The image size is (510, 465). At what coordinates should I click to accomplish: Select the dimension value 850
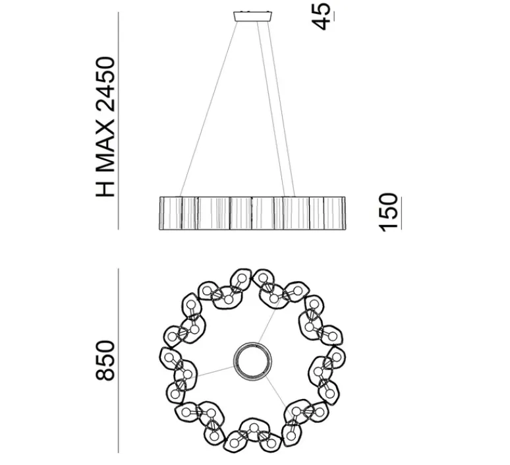coord(105,359)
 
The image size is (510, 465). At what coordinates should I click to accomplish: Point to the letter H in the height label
coord(105,188)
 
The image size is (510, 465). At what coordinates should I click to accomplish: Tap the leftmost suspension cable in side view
coord(204,109)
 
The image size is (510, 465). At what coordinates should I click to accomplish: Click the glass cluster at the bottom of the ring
coord(252,435)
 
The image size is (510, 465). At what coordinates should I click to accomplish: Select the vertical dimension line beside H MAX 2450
coord(119,119)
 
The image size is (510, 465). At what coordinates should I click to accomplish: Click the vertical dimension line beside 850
coord(119,359)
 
